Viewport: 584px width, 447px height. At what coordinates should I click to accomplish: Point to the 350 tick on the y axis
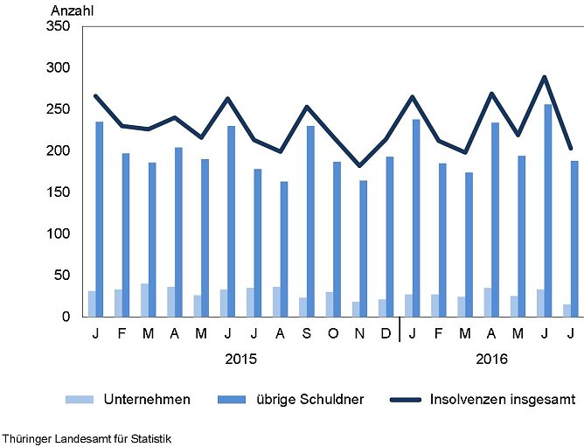pyautogui.click(x=58, y=26)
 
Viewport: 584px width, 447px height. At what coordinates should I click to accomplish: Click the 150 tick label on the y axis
pyautogui.click(x=58, y=192)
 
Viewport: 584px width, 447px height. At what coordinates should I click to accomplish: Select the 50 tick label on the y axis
pyautogui.click(x=61, y=276)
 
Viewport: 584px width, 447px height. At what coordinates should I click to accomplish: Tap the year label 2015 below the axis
pyautogui.click(x=240, y=359)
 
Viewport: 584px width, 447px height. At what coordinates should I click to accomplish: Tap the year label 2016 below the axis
pyautogui.click(x=491, y=359)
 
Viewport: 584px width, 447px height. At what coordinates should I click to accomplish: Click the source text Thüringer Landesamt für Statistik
pyautogui.click(x=86, y=437)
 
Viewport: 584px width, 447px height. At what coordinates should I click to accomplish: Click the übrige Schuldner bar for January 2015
pyautogui.click(x=100, y=219)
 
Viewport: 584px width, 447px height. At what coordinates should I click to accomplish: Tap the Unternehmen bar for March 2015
pyautogui.click(x=144, y=300)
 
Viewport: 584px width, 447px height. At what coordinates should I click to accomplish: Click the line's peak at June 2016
pyautogui.click(x=544, y=77)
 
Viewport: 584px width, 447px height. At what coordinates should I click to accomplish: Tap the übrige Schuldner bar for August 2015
pyautogui.click(x=284, y=249)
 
